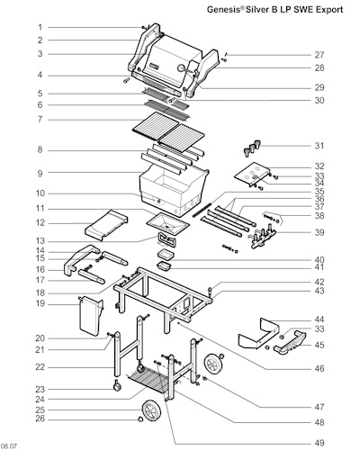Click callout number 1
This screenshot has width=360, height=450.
40,28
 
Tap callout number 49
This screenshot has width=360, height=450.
319,443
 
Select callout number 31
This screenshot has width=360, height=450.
319,146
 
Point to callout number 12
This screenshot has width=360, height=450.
40,223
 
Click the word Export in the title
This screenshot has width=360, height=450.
330,10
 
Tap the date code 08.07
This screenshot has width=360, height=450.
9,446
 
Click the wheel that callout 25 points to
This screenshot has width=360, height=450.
151,410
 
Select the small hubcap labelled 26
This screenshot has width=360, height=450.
139,419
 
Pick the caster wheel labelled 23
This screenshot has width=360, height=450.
116,386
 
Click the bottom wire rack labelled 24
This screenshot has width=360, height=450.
147,381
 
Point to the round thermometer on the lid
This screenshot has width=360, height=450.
182,68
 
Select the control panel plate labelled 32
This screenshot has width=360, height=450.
251,175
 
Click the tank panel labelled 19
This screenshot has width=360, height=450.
90,316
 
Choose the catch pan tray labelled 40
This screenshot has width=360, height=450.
166,255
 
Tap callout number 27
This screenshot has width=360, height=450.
319,55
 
